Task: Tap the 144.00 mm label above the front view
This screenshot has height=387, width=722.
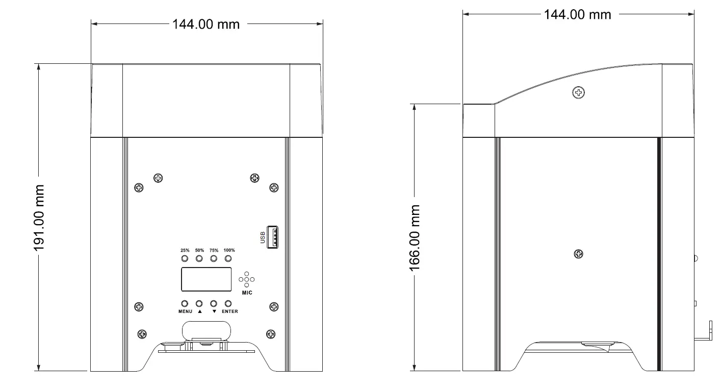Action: pos(205,24)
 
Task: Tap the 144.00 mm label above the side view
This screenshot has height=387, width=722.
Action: pos(577,14)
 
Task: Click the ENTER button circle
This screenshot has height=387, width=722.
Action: pos(228,303)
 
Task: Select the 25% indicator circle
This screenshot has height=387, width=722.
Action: pos(185,259)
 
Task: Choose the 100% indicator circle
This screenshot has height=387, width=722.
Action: pos(228,259)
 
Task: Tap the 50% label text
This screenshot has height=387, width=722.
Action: pos(199,251)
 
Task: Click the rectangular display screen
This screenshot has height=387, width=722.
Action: pos(206,280)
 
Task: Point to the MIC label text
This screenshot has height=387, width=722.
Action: pos(247,293)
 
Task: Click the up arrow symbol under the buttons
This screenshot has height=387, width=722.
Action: pos(199,311)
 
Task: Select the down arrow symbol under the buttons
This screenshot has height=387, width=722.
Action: pos(214,311)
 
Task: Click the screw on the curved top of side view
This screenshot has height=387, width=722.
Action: pos(579,92)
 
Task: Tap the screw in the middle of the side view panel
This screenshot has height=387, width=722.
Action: pos(579,254)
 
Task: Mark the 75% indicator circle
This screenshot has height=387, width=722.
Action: pos(214,259)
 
